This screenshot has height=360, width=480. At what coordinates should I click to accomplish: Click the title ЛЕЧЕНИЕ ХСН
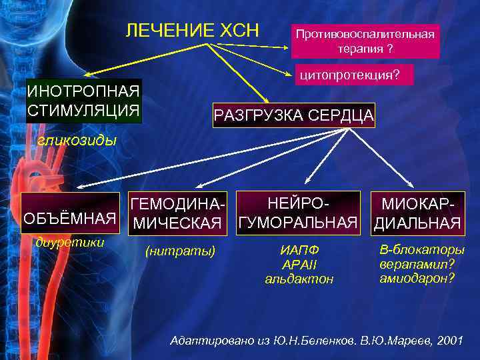[x=193, y=30]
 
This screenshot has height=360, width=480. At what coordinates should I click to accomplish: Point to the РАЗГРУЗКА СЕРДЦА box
[x=294, y=116]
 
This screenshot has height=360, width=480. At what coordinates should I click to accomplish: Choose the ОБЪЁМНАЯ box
[x=65, y=219]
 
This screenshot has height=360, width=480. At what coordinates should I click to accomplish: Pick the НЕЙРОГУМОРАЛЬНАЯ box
[x=299, y=212]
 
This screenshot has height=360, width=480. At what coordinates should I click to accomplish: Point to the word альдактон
[x=299, y=278]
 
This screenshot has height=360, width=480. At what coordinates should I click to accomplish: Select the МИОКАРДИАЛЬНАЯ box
[x=417, y=213]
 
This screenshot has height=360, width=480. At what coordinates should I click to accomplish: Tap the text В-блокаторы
[x=422, y=250]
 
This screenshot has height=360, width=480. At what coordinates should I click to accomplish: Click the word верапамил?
[x=417, y=263]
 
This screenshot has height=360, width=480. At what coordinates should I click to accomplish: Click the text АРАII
[x=299, y=264]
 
